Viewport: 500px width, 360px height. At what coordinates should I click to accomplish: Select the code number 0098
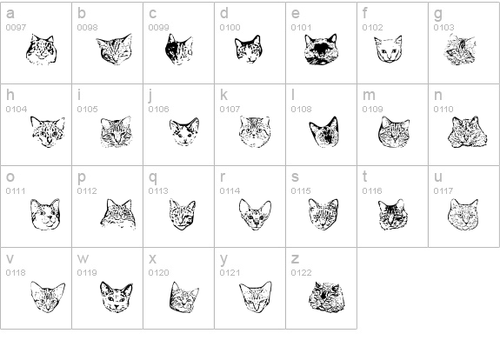(87, 28)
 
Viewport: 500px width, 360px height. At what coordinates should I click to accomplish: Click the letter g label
(438, 14)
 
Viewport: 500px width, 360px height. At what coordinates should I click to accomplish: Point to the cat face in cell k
(254, 131)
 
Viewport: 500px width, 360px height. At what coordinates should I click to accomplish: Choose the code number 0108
(301, 110)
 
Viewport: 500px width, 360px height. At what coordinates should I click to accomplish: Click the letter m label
(369, 95)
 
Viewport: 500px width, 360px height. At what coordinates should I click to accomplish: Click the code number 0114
(230, 190)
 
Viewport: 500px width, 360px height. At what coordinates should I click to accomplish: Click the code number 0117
(443, 190)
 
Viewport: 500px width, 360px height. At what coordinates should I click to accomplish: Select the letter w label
(83, 258)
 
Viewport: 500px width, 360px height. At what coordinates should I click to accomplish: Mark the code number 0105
(87, 110)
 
